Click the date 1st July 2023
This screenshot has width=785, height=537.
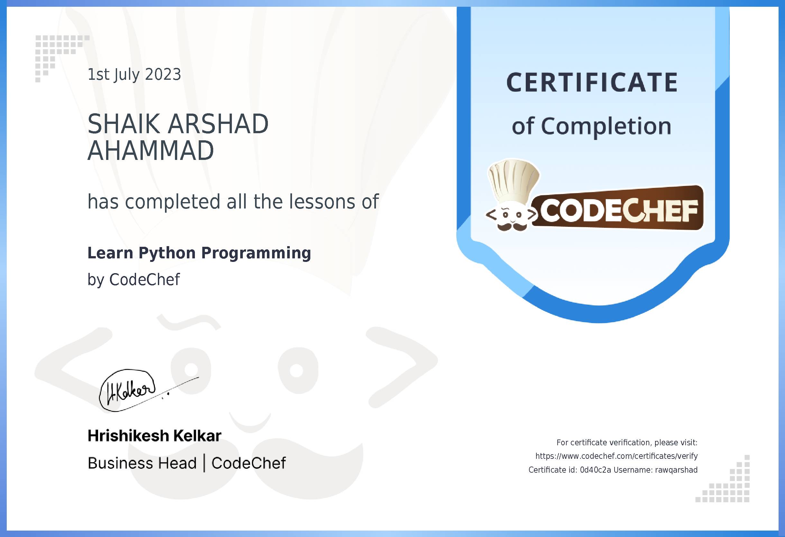click(134, 75)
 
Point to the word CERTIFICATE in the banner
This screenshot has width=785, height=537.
click(592, 83)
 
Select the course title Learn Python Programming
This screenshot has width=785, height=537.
click(199, 253)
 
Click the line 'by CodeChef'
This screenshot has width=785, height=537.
click(133, 280)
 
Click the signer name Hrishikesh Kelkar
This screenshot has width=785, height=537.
click(154, 436)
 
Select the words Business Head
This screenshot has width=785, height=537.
click(142, 463)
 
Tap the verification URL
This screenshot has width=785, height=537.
click(616, 456)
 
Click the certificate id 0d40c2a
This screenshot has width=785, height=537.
click(595, 470)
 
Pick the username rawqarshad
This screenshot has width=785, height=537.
click(676, 470)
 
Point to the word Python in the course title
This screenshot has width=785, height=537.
click(167, 253)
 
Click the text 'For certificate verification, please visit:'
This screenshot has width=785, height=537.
click(626, 443)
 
